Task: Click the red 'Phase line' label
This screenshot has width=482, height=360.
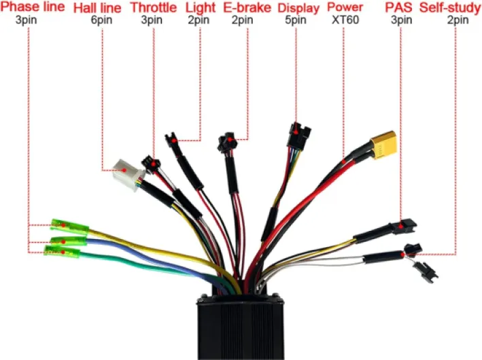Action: coord(33,6)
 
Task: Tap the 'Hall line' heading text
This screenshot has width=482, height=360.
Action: coord(97,7)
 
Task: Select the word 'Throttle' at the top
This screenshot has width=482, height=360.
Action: coord(154,7)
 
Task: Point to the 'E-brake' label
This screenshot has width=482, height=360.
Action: coord(247,7)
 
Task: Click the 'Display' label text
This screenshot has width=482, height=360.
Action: coord(298,8)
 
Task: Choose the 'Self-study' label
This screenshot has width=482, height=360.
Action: coord(450,7)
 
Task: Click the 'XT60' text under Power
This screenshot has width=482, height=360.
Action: coord(345,20)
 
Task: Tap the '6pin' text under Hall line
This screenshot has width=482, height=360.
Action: coord(101,20)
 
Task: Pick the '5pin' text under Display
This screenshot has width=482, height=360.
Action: coord(296,20)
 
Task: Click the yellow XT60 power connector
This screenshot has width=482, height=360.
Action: coord(383,145)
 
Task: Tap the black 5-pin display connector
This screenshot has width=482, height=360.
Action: coord(298,135)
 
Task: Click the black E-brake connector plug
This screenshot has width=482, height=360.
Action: coord(227,142)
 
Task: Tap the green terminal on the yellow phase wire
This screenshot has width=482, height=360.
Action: coord(70,227)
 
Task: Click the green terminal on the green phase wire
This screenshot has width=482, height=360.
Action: coord(62,252)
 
